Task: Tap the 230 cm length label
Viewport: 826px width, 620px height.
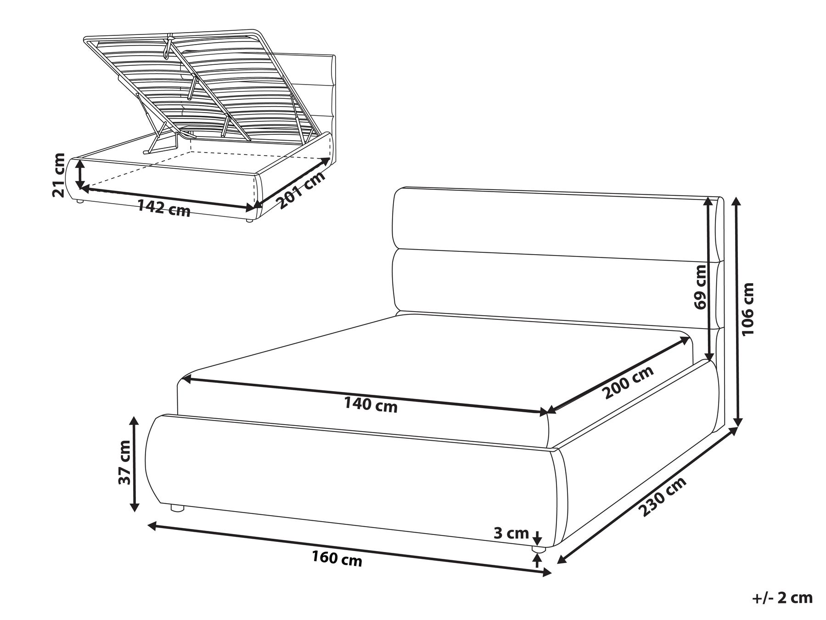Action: click(x=664, y=496)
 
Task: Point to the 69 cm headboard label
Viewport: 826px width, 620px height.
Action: click(x=701, y=287)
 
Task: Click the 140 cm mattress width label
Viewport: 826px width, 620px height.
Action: click(x=371, y=405)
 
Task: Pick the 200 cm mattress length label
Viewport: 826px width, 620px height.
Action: click(x=629, y=383)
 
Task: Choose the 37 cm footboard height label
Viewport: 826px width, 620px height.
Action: click(x=124, y=463)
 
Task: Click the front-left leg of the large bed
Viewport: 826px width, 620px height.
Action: click(x=177, y=508)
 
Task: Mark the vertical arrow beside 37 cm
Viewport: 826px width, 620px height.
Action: click(x=134, y=464)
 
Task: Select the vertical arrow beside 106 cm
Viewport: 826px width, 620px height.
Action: click(x=737, y=312)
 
